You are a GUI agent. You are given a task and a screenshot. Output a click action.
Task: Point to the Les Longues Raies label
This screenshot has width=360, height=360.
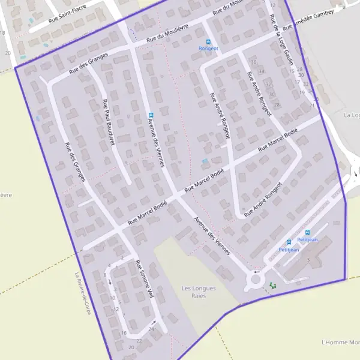click(199, 292)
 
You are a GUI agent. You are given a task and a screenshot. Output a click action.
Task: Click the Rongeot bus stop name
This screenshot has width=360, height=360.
click(209, 49)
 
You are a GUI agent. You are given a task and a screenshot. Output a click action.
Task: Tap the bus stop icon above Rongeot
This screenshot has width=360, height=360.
click(209, 42)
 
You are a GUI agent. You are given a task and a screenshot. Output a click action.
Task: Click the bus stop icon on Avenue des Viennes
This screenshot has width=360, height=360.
click(151, 115)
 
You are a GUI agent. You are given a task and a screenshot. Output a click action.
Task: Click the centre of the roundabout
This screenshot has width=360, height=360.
click(256, 279)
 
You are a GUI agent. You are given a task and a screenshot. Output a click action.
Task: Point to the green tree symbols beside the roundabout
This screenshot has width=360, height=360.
click(273, 286)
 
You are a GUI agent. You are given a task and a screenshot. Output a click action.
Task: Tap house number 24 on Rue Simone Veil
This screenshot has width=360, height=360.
click(151, 329)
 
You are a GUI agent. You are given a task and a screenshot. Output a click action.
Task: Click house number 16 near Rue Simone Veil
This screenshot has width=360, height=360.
click(124, 332)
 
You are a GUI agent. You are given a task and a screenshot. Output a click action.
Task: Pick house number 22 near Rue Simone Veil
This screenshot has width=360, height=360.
click(139, 341)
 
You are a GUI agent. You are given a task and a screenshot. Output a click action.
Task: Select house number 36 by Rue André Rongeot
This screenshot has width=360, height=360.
click(254, 62)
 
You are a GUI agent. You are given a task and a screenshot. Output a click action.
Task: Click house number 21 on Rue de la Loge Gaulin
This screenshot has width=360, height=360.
click(311, 105)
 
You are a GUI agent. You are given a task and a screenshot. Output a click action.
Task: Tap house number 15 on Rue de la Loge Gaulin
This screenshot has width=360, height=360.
click(292, 70)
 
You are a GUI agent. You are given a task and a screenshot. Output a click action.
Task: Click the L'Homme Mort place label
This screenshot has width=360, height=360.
click(340, 342)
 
